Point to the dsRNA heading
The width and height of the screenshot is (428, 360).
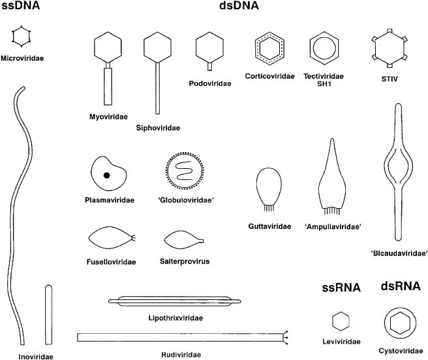click(399, 287)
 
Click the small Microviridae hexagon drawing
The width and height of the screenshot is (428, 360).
click(22, 36)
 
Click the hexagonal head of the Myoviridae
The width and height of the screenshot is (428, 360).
click(109, 50)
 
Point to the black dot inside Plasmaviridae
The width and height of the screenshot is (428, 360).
click(106, 175)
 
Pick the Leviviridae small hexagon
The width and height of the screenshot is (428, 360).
click(341, 322)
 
